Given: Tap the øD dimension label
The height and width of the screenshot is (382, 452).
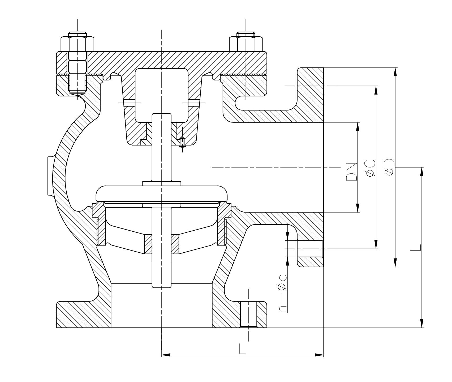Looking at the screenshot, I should tap(389, 167).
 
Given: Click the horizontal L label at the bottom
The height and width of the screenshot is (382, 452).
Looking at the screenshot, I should tap(242, 349).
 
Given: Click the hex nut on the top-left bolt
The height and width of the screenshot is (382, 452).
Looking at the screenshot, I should tap(77, 44).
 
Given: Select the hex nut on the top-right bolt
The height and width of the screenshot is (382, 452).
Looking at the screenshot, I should tap(246, 44).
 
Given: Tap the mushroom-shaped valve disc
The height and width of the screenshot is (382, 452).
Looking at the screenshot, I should tap(162, 194).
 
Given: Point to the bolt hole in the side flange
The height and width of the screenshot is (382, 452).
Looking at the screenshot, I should tap(309, 249).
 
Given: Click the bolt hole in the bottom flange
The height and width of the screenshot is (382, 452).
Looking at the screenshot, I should tap(249, 315).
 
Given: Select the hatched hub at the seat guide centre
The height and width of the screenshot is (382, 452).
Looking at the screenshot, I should tap(162, 244).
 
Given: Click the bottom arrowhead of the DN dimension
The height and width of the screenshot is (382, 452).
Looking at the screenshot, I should tap(358, 208).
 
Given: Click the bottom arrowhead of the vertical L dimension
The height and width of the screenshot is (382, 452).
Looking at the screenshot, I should tap(421, 324).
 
